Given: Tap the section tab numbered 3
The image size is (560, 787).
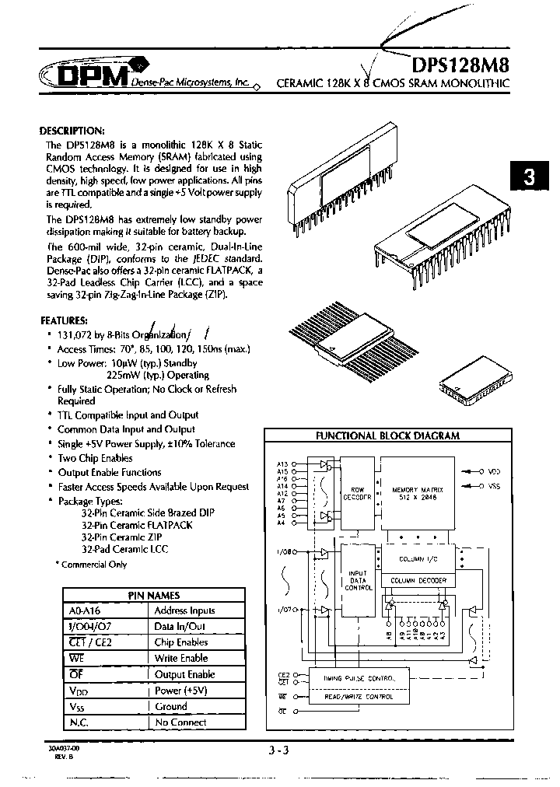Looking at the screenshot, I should click(530, 176).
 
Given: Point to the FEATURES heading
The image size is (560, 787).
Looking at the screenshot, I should click(64, 320).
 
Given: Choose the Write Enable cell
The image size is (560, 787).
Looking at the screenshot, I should click(181, 658).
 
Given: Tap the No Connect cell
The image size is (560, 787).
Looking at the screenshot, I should click(181, 722).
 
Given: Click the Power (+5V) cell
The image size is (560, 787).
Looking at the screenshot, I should click(181, 690).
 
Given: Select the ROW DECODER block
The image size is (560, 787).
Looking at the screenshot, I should click(358, 495).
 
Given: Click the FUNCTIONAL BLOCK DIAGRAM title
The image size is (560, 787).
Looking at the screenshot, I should click(387, 436).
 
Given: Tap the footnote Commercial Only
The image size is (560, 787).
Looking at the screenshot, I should click(93, 564).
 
